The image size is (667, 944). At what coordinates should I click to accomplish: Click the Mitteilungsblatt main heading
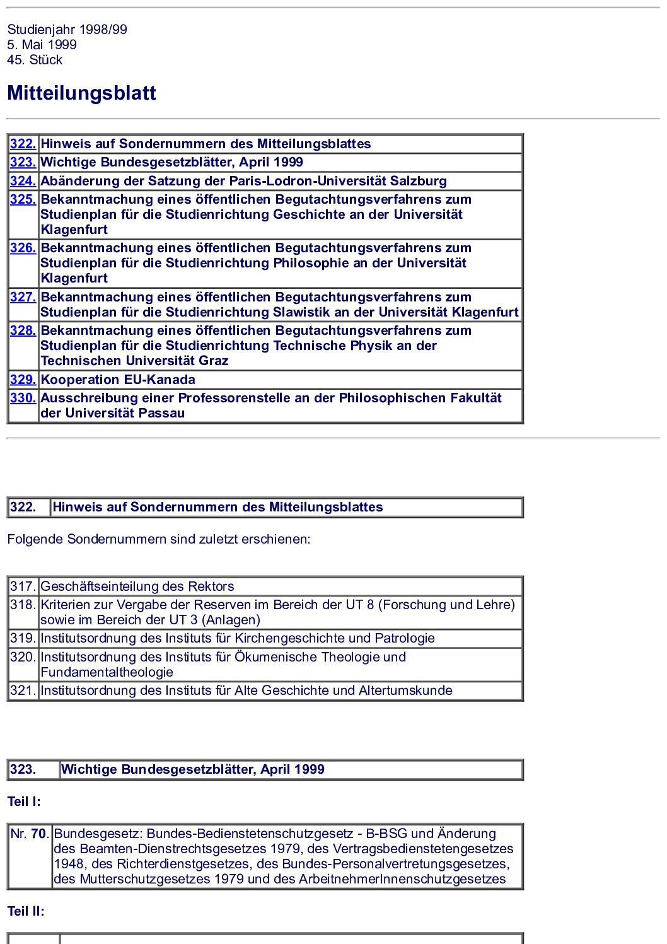click(81, 93)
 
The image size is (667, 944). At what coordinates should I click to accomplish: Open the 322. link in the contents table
click(23, 144)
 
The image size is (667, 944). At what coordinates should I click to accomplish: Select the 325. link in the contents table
click(23, 199)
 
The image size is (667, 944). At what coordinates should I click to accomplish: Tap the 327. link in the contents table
click(23, 297)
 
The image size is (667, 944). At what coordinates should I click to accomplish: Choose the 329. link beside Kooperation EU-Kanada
click(23, 380)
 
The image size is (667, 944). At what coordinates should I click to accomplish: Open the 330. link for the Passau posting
click(23, 398)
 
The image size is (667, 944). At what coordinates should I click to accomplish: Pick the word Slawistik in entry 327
click(301, 312)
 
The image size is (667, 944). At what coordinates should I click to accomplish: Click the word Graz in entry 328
click(213, 361)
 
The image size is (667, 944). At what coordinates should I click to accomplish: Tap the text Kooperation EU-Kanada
click(118, 380)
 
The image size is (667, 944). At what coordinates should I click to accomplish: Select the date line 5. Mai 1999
click(42, 45)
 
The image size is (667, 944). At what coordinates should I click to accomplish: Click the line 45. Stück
click(35, 60)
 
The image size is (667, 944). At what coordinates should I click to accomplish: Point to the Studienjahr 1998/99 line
click(67, 30)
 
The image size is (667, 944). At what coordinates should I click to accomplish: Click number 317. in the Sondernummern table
click(23, 586)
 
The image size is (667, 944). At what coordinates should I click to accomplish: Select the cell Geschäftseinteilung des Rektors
click(137, 586)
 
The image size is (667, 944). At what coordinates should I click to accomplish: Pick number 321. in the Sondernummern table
click(23, 691)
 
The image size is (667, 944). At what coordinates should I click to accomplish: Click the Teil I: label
click(24, 801)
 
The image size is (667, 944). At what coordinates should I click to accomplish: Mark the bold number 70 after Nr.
click(38, 834)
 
